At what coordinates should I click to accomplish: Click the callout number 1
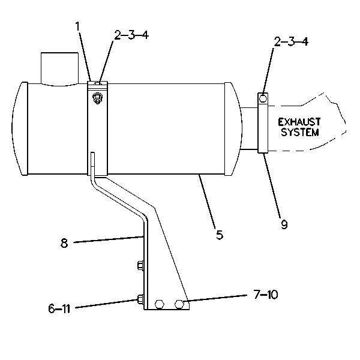77,26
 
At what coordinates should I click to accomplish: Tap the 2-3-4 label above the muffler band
131,35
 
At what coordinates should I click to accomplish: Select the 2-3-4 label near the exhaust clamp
291,41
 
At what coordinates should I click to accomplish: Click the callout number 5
220,235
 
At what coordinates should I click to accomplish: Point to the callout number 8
64,243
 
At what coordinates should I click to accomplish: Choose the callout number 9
284,224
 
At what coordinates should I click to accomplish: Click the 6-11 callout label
59,308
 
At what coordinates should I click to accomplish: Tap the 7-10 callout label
266,295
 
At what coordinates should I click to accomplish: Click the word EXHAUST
299,122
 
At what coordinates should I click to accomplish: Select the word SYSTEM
300,132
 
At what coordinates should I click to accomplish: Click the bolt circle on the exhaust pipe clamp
263,98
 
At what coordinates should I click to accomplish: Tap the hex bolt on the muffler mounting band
98,98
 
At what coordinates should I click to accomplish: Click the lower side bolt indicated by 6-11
140,299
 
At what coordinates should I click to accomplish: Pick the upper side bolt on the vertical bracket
140,265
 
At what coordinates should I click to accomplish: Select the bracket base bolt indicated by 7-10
179,304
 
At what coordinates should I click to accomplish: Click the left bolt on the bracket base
160,304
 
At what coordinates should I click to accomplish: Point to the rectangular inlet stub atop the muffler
59,69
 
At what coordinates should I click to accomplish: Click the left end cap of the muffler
20,128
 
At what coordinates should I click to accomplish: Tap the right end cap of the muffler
233,128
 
